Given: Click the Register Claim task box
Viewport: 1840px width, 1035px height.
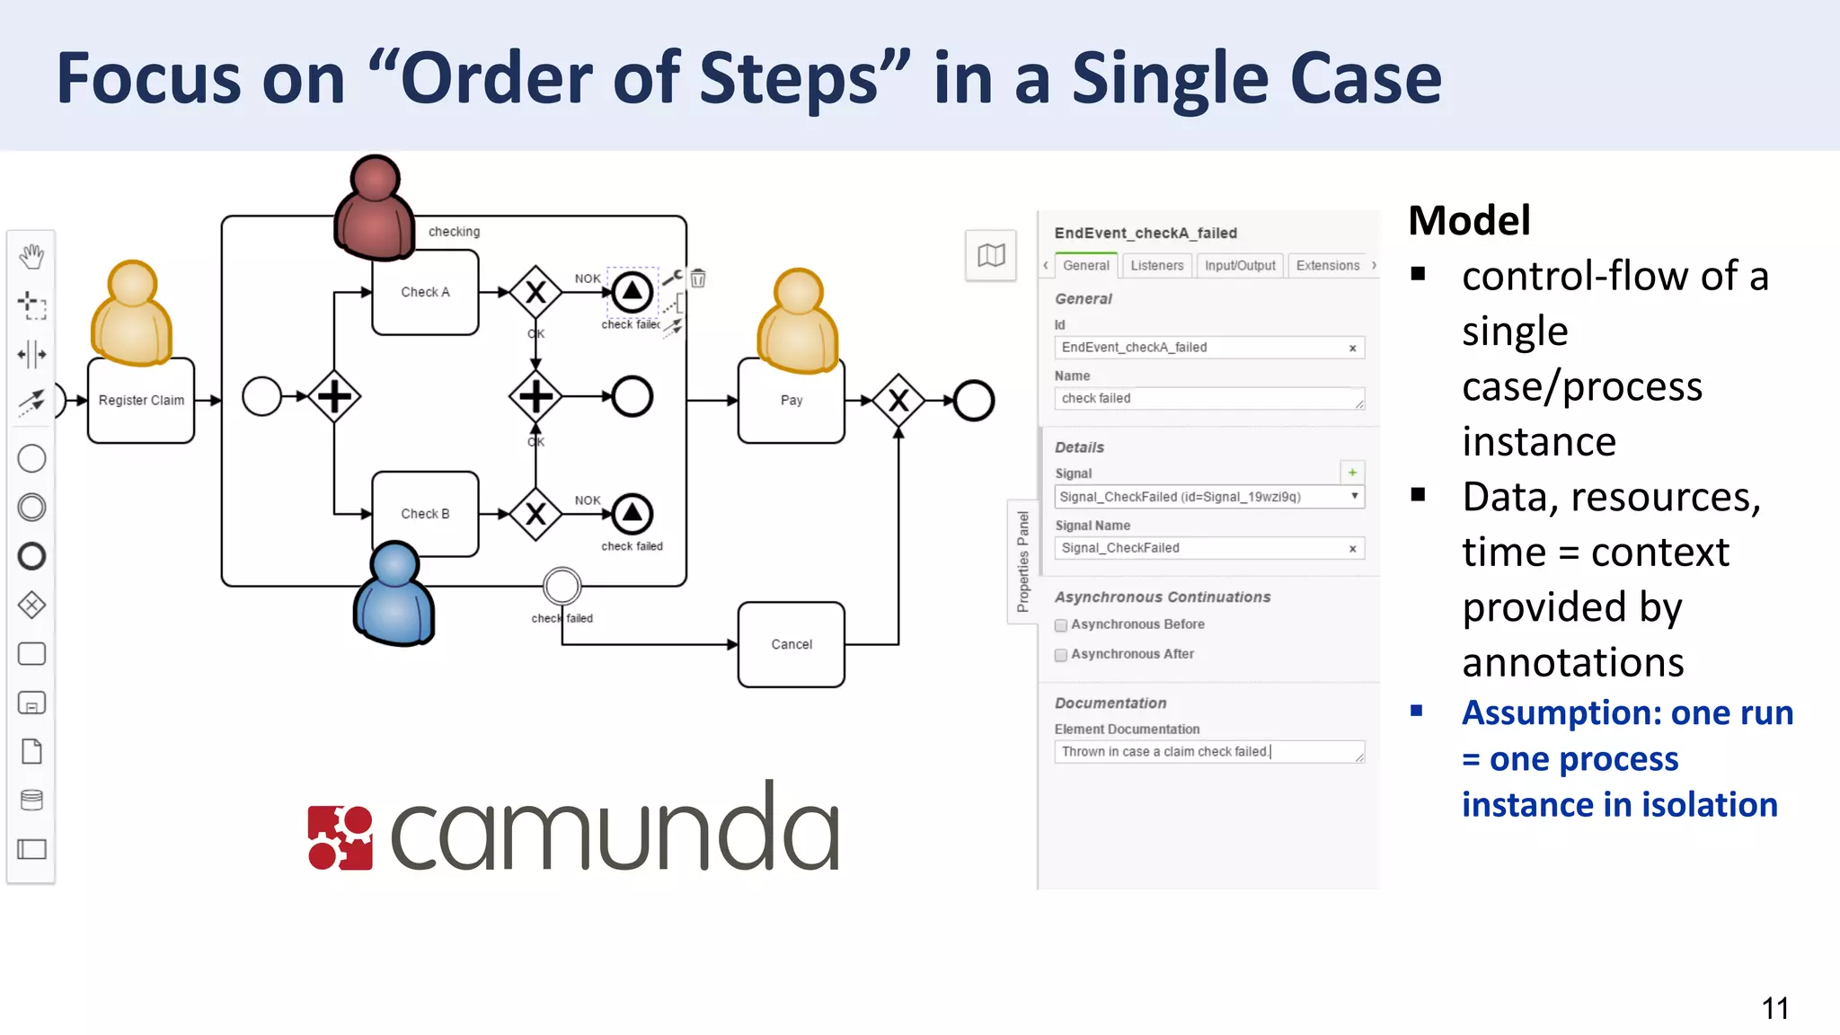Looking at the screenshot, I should (141, 401).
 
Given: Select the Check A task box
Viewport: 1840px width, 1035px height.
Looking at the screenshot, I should (425, 292).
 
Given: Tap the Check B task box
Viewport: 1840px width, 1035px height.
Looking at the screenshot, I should (425, 514).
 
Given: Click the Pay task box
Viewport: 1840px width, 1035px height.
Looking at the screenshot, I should (791, 401).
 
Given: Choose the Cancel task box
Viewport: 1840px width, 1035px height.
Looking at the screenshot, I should (791, 644).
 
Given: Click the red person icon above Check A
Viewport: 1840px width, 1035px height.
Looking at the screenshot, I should (374, 209).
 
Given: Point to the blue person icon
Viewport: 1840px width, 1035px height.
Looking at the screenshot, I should (394, 594).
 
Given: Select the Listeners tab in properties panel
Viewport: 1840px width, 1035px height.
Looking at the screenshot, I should (1156, 266).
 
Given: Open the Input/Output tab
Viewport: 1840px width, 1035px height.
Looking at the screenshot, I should (1239, 266).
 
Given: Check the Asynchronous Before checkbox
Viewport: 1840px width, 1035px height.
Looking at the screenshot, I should (1061, 625).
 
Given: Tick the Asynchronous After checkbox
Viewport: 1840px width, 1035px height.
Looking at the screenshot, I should (1061, 655).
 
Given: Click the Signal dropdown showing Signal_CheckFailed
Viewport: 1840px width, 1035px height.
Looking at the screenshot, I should (1208, 497).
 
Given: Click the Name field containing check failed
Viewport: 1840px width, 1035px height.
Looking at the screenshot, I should (1208, 399).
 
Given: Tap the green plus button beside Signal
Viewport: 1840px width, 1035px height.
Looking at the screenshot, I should (1352, 473).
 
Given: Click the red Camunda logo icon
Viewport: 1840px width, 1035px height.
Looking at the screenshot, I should (340, 838).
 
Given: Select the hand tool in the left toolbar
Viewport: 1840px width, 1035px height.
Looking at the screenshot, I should (31, 256).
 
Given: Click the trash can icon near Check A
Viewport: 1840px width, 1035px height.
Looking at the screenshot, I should (698, 279).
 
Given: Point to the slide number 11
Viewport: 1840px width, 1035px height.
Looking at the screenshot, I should (1774, 1008).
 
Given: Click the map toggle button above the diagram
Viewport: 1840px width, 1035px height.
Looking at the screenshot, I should (991, 256).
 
